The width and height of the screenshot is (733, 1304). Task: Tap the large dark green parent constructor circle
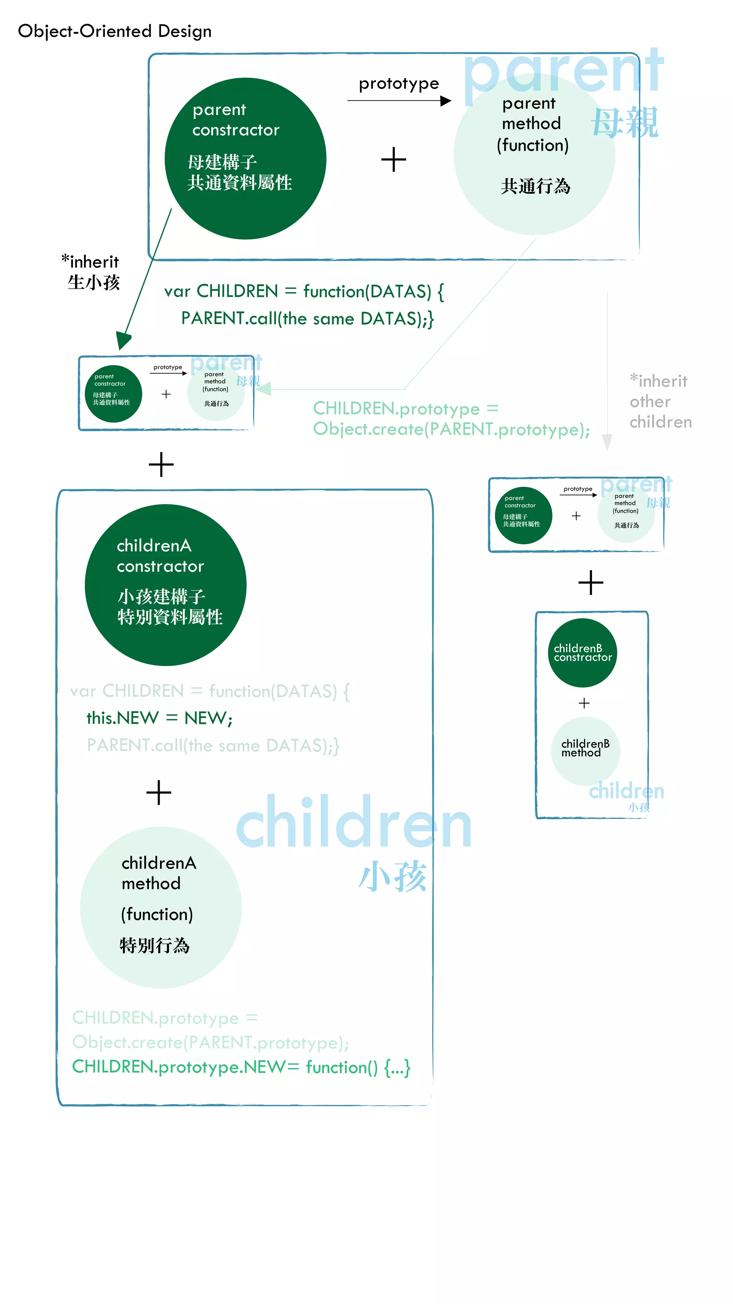245,158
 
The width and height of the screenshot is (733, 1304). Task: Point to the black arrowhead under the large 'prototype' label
445,101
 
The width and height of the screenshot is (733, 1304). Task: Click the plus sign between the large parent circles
394,159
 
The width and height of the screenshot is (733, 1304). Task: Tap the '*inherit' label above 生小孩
90,262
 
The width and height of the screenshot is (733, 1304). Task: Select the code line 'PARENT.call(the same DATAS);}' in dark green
307,318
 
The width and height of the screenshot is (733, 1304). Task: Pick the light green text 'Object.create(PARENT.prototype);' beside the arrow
451,429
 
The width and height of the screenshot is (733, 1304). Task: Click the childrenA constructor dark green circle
165,585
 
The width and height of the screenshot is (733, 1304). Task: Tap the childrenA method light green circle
161,907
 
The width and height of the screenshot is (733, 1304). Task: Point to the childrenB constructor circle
582,653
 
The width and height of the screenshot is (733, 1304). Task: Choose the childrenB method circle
585,751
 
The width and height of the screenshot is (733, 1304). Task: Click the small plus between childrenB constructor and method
584,703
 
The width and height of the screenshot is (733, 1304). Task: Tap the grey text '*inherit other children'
660,401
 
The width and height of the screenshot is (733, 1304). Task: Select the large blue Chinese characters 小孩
393,877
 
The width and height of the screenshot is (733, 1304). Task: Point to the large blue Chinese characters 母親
625,122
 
